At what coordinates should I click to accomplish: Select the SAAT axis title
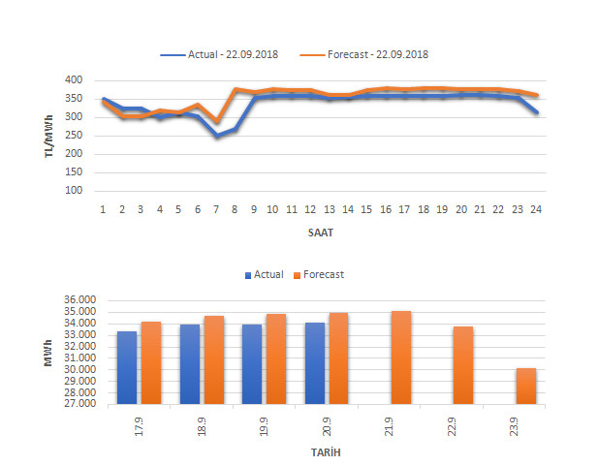[319, 233]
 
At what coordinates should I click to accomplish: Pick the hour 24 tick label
[536, 208]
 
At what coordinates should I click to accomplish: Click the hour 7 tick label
[216, 208]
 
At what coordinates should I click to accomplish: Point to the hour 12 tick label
[310, 208]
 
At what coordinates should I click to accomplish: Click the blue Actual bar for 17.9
[127, 367]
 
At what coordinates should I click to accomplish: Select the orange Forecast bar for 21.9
[400, 357]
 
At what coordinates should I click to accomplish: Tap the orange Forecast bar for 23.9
[525, 386]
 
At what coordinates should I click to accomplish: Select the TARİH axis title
[319, 452]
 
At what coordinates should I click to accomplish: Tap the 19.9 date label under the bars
[264, 424]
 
